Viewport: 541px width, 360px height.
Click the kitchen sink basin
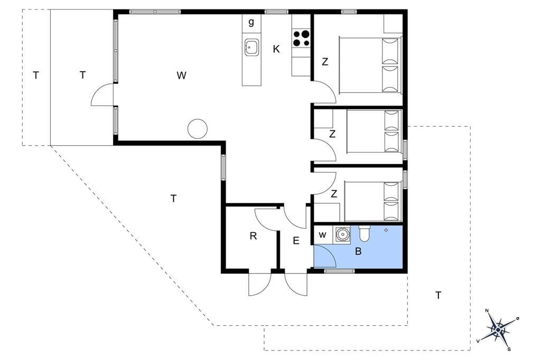tap(252, 47)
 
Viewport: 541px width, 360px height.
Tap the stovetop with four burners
tap(301, 39)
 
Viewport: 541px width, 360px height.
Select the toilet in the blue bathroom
tap(365, 233)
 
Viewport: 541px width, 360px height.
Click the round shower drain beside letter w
tap(342, 234)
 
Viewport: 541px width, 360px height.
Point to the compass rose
tap(498, 330)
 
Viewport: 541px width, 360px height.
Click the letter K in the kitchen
tap(276, 49)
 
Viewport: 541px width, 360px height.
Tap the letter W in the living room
tap(182, 75)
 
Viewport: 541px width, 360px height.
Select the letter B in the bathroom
tap(358, 251)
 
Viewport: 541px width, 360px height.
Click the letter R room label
tap(253, 236)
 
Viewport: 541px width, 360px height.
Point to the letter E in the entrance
tap(296, 241)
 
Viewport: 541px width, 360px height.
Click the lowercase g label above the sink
tap(251, 23)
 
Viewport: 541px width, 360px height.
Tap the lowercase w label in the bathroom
tap(322, 235)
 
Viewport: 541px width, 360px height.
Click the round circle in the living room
tap(198, 129)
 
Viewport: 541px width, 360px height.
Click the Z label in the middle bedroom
tap(332, 134)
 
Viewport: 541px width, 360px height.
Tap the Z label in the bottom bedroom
tap(334, 194)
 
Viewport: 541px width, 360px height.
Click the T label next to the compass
tap(438, 296)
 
